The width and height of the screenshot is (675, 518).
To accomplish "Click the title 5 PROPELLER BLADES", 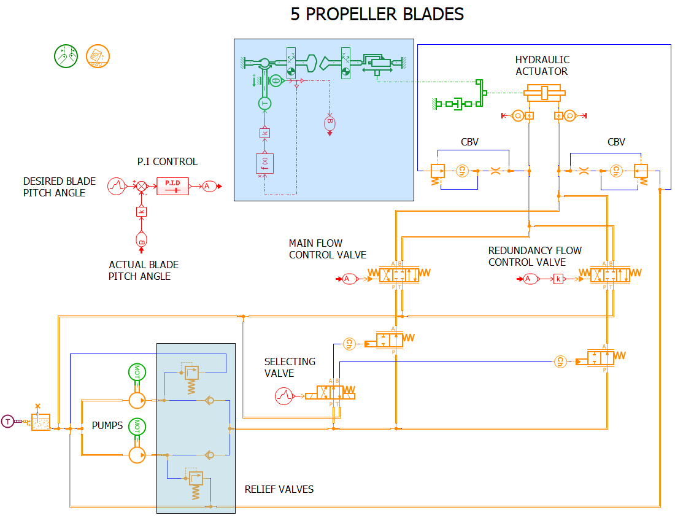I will click(377, 14).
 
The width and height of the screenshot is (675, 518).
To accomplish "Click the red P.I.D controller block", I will click(172, 186).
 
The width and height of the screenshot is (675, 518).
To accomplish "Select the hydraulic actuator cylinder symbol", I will click(544, 93).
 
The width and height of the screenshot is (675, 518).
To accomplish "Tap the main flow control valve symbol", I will click(399, 274).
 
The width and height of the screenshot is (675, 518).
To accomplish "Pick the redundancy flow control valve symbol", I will click(609, 274).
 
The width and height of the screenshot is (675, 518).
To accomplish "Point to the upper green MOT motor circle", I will click(137, 373).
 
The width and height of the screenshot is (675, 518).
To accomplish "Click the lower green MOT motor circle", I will click(137, 427).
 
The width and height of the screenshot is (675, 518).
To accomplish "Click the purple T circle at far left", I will click(7, 421).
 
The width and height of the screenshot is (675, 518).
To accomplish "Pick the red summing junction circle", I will click(141, 186).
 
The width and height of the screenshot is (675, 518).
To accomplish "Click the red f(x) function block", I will click(264, 164).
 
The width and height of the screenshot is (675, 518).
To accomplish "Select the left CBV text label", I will click(469, 142).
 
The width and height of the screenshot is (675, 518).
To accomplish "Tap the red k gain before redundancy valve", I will click(558, 279).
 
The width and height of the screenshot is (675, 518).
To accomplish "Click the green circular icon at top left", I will click(66, 56).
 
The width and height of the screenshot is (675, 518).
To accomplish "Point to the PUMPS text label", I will click(107, 425).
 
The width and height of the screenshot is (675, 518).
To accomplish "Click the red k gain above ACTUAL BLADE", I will click(141, 212).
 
